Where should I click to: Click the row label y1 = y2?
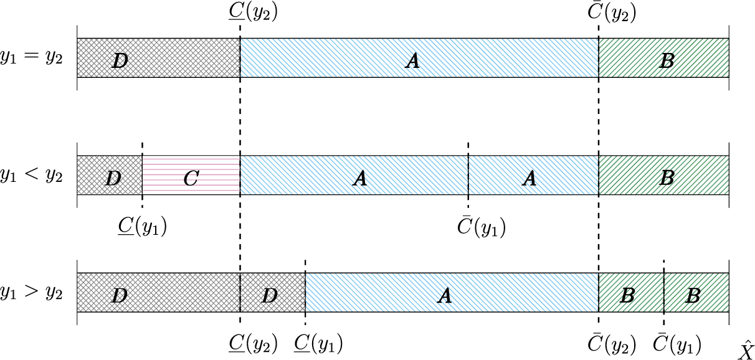pyautogui.click(x=31, y=59)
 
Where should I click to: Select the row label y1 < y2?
pyautogui.click(x=31, y=176)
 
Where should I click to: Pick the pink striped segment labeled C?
pyautogui.click(x=191, y=176)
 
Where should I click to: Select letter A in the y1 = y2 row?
pyautogui.click(x=411, y=60)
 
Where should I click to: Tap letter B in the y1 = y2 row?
pyautogui.click(x=666, y=60)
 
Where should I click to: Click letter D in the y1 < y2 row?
pyautogui.click(x=113, y=178)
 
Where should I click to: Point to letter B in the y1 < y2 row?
pyautogui.click(x=666, y=178)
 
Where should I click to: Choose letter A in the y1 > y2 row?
pyautogui.click(x=444, y=296)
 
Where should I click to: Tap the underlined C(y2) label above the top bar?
pyautogui.click(x=252, y=13)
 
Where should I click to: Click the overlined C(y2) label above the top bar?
pyautogui.click(x=612, y=13)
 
